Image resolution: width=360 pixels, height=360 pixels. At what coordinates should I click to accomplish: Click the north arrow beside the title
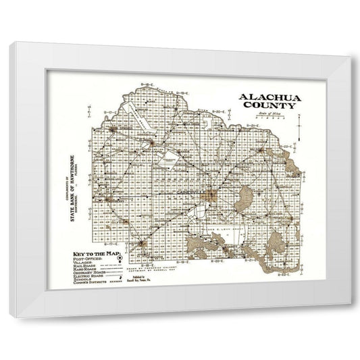299,124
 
